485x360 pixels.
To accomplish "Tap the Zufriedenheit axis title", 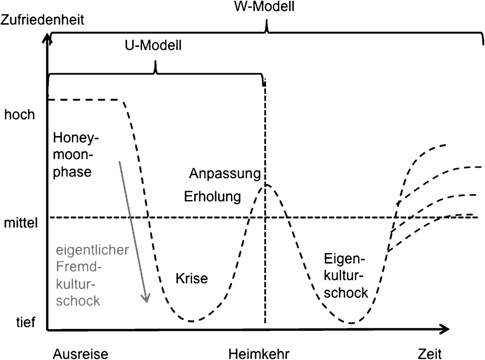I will pos(42,19).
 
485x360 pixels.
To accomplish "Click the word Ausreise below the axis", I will pos(81,354).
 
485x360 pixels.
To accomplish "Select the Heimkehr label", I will pos(259,354).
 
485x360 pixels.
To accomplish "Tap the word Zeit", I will pos(429,354).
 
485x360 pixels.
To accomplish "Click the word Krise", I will pos(192,279).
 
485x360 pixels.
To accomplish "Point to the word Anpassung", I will pos(225,174).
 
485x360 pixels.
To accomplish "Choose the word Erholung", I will pos(212,197).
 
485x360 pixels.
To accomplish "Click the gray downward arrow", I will pos(133,231).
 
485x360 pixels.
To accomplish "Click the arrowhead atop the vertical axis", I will pos(48,41).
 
